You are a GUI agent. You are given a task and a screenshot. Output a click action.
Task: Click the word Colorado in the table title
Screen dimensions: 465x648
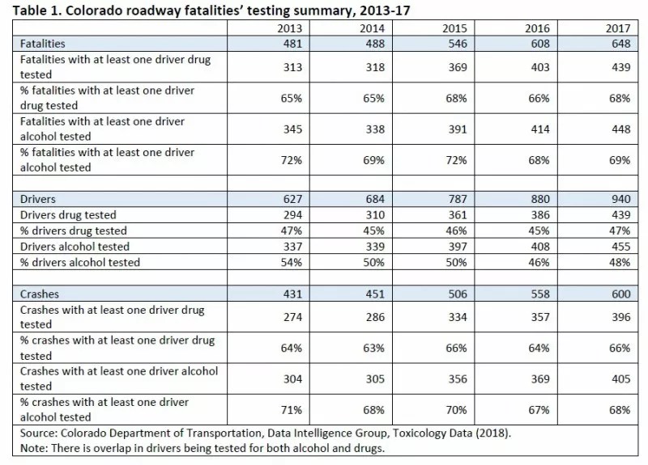[90, 9]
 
